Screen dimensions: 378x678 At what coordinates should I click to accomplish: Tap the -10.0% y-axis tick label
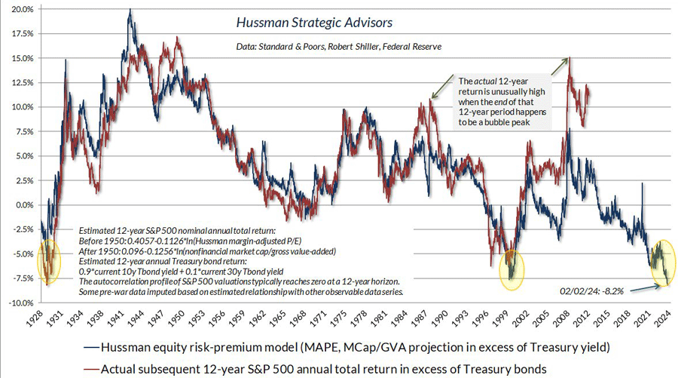coord(18,302)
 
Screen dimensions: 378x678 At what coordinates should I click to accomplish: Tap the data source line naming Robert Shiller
coord(337,47)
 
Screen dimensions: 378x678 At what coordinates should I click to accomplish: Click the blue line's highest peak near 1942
coord(130,10)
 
